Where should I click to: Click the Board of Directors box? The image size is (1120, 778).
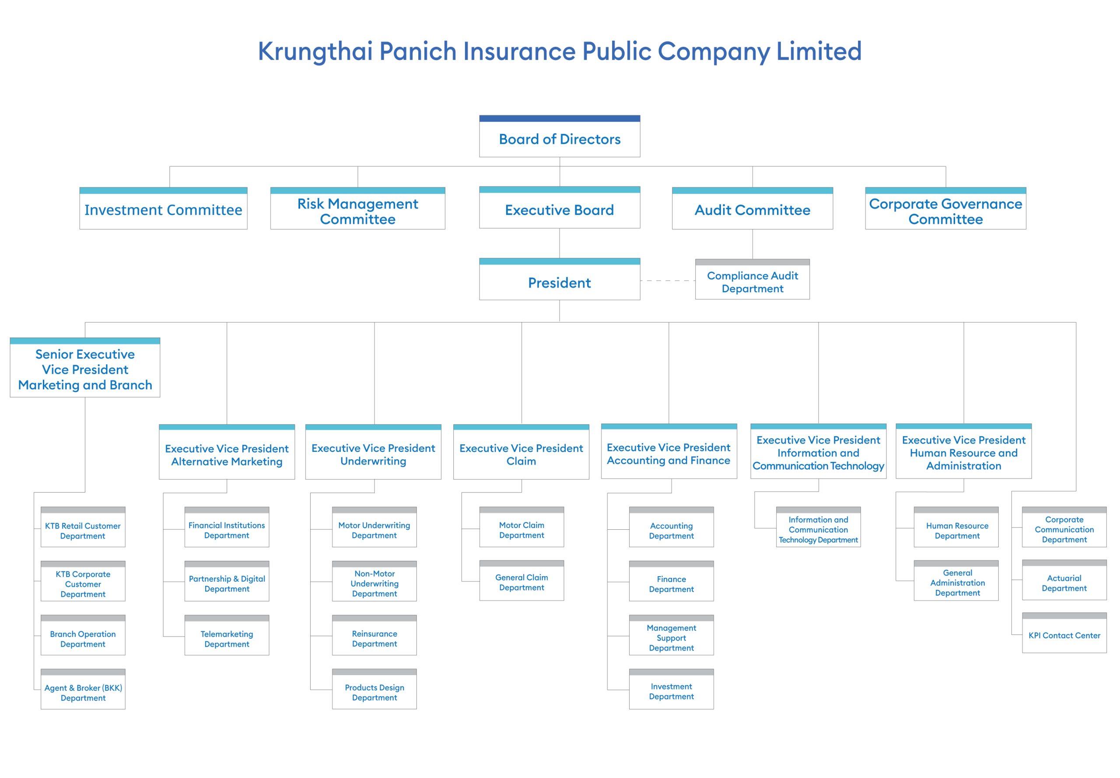pyautogui.click(x=559, y=136)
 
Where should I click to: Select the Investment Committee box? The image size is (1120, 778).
pyautogui.click(x=163, y=208)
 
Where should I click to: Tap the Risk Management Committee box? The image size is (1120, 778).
pyautogui.click(x=357, y=208)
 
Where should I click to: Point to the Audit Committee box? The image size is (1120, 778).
pyautogui.click(x=752, y=208)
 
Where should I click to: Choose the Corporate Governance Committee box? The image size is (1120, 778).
pyautogui.click(x=945, y=208)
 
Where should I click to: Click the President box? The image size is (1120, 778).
pyautogui.click(x=559, y=279)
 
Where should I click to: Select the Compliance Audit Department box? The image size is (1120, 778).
pyautogui.click(x=752, y=279)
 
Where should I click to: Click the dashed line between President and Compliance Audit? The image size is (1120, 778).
pyautogui.click(x=668, y=281)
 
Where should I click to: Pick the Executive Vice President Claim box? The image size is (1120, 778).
pyautogui.click(x=521, y=452)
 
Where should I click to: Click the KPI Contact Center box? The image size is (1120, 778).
pyautogui.click(x=1064, y=633)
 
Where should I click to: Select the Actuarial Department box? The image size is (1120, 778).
pyautogui.click(x=1064, y=580)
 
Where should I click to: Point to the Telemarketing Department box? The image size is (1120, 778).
pyautogui.click(x=227, y=635)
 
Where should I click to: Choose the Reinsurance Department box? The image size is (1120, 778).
pyautogui.click(x=374, y=635)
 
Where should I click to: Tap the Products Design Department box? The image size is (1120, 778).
pyautogui.click(x=374, y=689)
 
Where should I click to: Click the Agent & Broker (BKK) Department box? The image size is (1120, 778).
pyautogui.click(x=83, y=689)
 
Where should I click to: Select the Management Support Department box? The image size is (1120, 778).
pyautogui.click(x=671, y=635)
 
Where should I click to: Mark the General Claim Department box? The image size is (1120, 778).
pyautogui.click(x=521, y=581)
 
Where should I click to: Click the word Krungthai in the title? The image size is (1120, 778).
pyautogui.click(x=315, y=52)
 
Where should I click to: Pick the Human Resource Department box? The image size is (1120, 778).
pyautogui.click(x=957, y=527)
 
